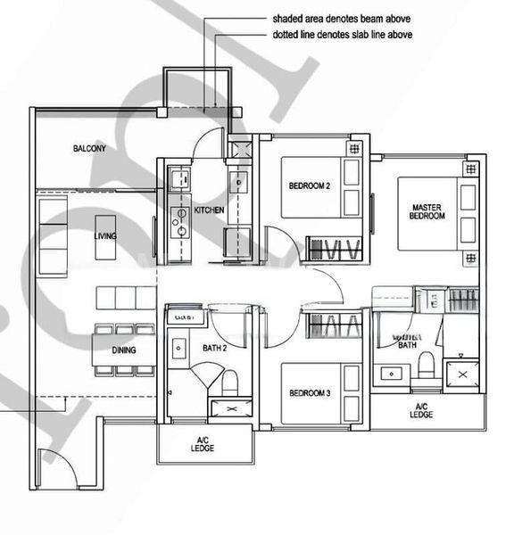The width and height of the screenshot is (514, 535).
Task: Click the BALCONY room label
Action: point(89,149)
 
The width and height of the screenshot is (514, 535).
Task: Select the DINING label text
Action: point(124,350)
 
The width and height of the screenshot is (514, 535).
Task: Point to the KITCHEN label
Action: point(209,210)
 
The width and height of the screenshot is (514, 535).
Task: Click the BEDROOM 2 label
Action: point(310,185)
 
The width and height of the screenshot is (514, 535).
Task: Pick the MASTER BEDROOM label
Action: point(420,210)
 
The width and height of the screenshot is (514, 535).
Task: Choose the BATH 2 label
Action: point(215,348)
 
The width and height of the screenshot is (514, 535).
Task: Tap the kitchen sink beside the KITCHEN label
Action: point(238,183)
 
